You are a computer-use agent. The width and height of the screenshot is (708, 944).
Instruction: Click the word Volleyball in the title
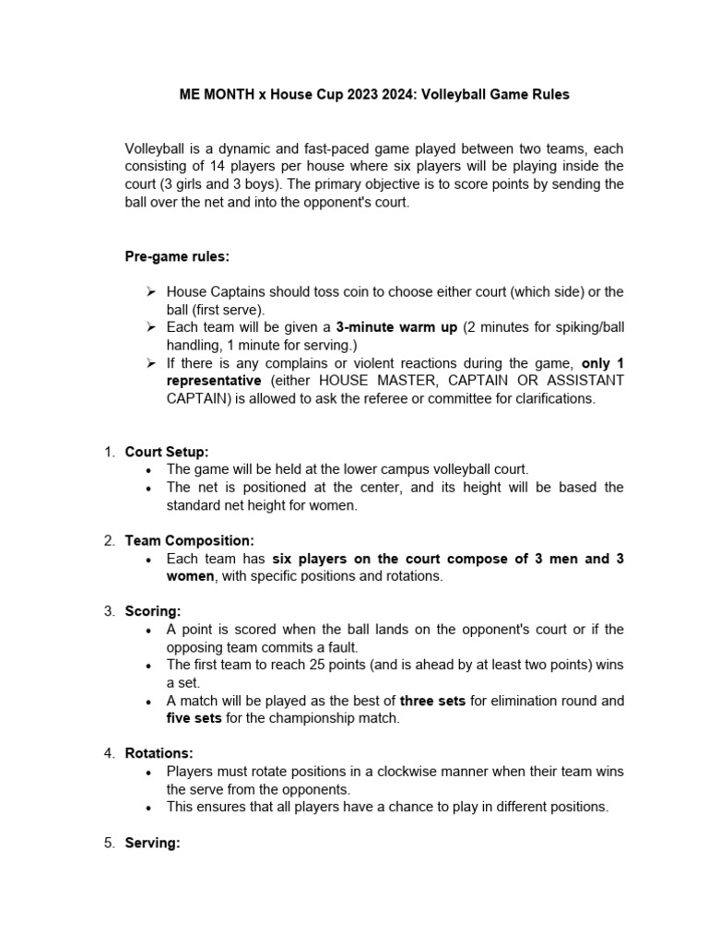click(454, 94)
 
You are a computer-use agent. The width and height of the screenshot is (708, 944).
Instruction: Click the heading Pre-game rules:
click(177, 256)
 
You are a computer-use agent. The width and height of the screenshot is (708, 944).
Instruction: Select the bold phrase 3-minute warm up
click(395, 326)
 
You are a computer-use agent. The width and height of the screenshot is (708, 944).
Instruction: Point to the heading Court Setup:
click(167, 452)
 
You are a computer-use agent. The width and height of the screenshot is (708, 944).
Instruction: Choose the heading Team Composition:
click(189, 540)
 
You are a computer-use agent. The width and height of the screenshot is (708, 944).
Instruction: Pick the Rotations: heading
click(159, 753)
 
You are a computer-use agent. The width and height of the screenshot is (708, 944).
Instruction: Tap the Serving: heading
click(152, 843)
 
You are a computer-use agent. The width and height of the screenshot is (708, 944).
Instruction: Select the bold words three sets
click(432, 701)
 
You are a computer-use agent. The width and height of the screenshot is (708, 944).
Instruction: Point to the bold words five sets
click(192, 718)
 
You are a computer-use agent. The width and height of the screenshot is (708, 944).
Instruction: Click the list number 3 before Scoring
click(108, 611)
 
